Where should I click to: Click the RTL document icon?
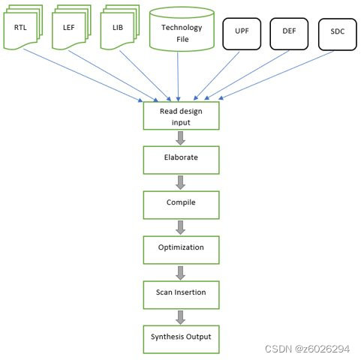pos(23,27)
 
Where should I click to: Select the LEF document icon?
pos(71,27)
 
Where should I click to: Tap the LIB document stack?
pos(120,27)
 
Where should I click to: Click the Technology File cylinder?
pos(182,29)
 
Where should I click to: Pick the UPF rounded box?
pos(242,34)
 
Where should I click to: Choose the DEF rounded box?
pos(289,34)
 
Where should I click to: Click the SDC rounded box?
pos(338,34)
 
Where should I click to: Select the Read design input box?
pos(181,115)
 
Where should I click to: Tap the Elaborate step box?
pos(181,160)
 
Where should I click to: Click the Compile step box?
pos(181,205)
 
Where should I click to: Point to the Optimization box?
pos(181,250)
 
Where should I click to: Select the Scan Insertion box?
pos(181,295)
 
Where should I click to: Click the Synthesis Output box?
pos(181,340)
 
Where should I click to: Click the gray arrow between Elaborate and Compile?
pos(180,182)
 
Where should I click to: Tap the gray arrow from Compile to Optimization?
pos(180,227)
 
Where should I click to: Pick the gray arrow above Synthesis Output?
pos(180,317)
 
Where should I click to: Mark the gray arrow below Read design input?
pos(180,138)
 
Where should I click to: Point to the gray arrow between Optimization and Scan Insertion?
pos(180,273)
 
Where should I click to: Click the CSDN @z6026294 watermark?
pos(307,349)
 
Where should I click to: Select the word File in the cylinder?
pos(182,39)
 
